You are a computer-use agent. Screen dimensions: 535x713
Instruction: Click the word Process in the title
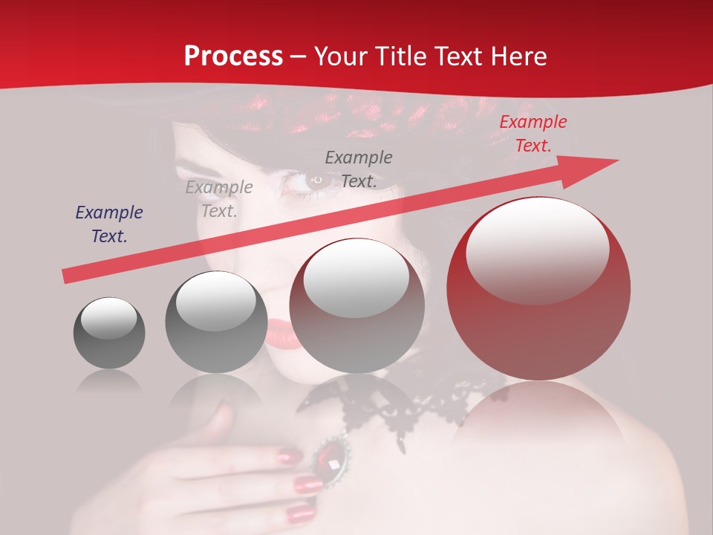(x=233, y=56)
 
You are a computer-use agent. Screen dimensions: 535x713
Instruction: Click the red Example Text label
(x=533, y=134)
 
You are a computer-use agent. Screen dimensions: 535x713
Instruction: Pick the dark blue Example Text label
(x=108, y=224)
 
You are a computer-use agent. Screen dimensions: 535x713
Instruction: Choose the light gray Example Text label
(x=219, y=199)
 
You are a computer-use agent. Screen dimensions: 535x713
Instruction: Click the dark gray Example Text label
(x=359, y=169)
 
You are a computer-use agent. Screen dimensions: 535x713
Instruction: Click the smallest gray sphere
(x=109, y=333)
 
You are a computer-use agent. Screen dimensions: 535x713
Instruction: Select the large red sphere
(x=538, y=297)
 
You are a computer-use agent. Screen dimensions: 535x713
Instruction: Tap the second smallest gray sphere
(x=216, y=322)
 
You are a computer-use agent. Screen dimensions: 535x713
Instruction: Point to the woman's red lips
(x=283, y=333)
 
